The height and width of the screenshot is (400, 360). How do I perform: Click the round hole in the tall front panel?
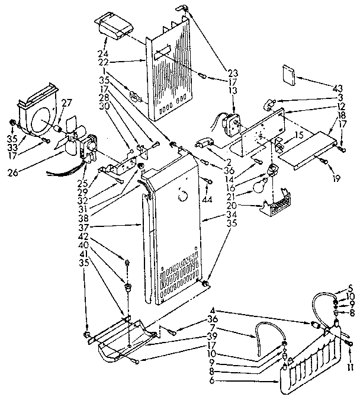point(183,194)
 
